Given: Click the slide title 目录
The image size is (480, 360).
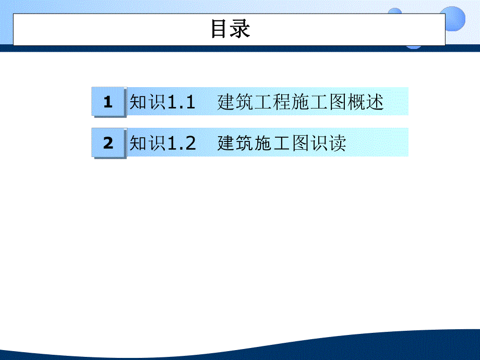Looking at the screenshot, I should (230, 29).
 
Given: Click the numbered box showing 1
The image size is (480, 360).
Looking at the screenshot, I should (108, 102).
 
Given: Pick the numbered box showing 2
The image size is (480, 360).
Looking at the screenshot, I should (108, 143).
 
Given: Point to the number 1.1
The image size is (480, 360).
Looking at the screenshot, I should (181, 102).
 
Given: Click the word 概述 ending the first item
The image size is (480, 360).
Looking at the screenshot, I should (367, 102).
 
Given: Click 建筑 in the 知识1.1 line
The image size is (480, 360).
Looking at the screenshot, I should (233, 102).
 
